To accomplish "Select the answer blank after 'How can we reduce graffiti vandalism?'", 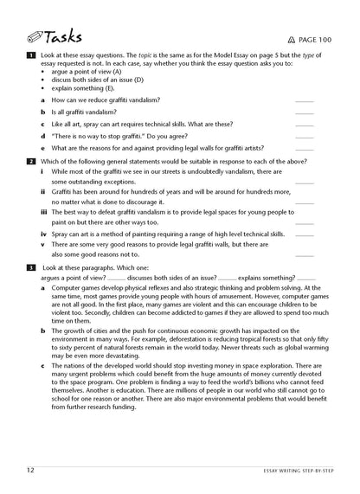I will pos(305,100).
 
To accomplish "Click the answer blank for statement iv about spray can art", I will pos(305,234).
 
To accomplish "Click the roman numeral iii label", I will pos(43,212).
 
